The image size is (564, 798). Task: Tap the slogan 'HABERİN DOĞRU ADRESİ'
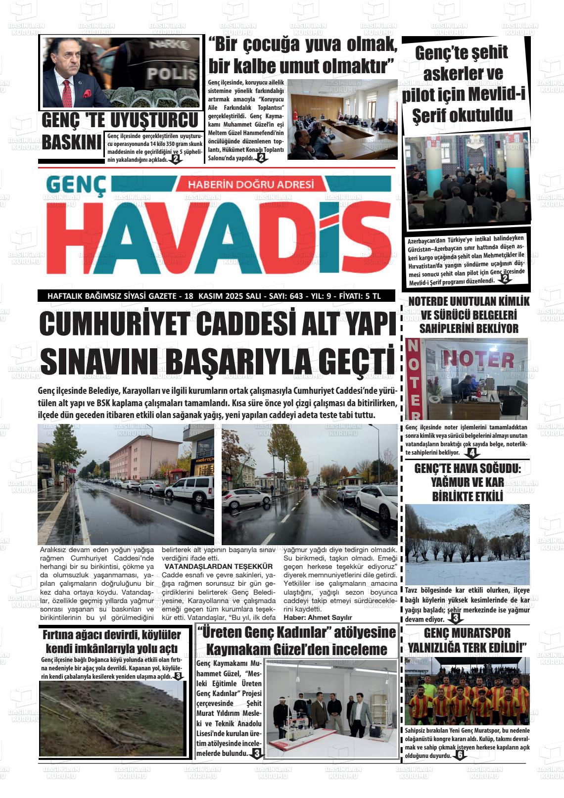pyautogui.click(x=251, y=184)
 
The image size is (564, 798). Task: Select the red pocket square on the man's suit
pyautogui.click(x=88, y=93)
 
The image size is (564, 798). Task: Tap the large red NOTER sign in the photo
pyautogui.click(x=477, y=360)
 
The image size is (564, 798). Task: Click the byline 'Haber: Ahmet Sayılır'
pyautogui.click(x=318, y=617)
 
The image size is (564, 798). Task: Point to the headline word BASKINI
pyautogui.click(x=71, y=142)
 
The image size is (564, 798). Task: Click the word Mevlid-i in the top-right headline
pyautogui.click(x=494, y=94)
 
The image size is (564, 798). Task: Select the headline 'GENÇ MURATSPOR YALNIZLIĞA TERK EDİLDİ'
pyautogui.click(x=467, y=640)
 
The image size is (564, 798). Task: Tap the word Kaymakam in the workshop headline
pyautogui.click(x=231, y=649)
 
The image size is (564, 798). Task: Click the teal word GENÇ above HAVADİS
pyautogui.click(x=77, y=186)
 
